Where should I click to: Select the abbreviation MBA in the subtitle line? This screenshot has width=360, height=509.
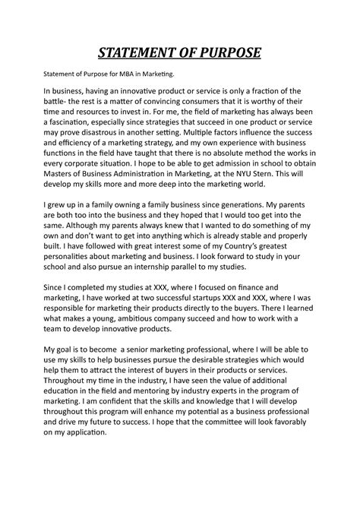point(124,75)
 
